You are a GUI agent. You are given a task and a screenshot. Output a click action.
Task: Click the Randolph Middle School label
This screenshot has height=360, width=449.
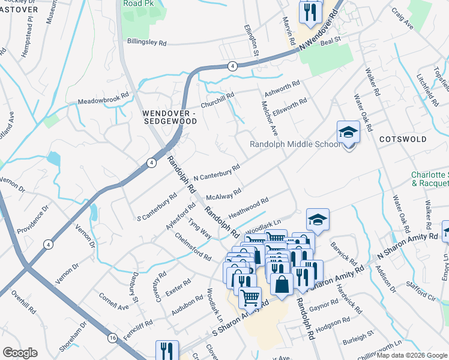[295, 145]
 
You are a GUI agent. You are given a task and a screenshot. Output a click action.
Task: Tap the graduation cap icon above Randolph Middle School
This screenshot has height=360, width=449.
[348, 133]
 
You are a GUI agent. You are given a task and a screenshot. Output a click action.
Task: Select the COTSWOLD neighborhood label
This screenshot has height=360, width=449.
[403, 139]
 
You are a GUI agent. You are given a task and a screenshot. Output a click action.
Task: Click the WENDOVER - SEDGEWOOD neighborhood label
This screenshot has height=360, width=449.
[170, 117]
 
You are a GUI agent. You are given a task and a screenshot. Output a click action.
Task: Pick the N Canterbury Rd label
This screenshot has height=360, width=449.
[217, 172]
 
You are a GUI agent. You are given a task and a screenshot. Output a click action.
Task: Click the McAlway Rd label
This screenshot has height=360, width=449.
[223, 194]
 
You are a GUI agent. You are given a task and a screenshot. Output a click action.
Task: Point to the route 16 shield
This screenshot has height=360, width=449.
[112, 338]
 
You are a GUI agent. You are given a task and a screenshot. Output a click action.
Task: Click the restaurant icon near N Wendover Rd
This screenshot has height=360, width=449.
[310, 11]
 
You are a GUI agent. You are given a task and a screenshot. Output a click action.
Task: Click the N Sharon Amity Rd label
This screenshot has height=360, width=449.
[408, 247]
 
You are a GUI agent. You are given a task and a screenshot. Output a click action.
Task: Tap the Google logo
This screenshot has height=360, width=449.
[20, 353]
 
